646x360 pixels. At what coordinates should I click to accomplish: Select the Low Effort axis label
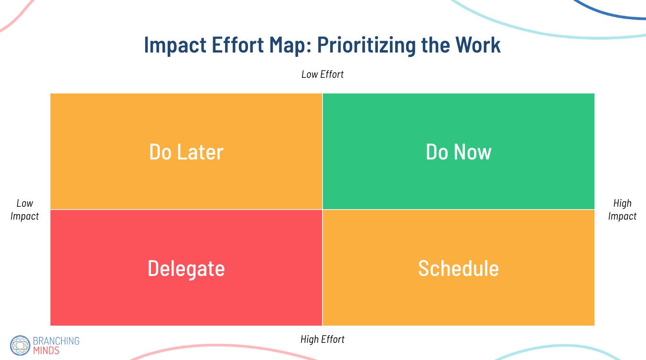click(x=323, y=74)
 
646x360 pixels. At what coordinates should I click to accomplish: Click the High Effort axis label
click(x=323, y=339)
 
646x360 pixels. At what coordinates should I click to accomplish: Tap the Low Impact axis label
click(x=25, y=210)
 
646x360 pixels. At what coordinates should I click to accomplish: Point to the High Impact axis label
click(x=622, y=210)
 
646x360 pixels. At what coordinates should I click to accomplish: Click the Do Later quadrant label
click(x=186, y=152)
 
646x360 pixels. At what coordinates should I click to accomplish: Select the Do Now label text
click(x=458, y=152)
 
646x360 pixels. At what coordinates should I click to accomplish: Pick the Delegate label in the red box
click(x=186, y=268)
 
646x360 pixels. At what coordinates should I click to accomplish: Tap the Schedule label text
click(x=458, y=268)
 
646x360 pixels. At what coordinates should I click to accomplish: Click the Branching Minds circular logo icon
click(x=20, y=345)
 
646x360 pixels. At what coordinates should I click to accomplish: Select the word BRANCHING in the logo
click(x=56, y=341)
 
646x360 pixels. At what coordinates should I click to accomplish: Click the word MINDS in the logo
click(x=46, y=350)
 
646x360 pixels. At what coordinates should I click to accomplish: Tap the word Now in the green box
click(x=473, y=152)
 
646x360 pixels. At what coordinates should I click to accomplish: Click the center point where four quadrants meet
click(x=323, y=209)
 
